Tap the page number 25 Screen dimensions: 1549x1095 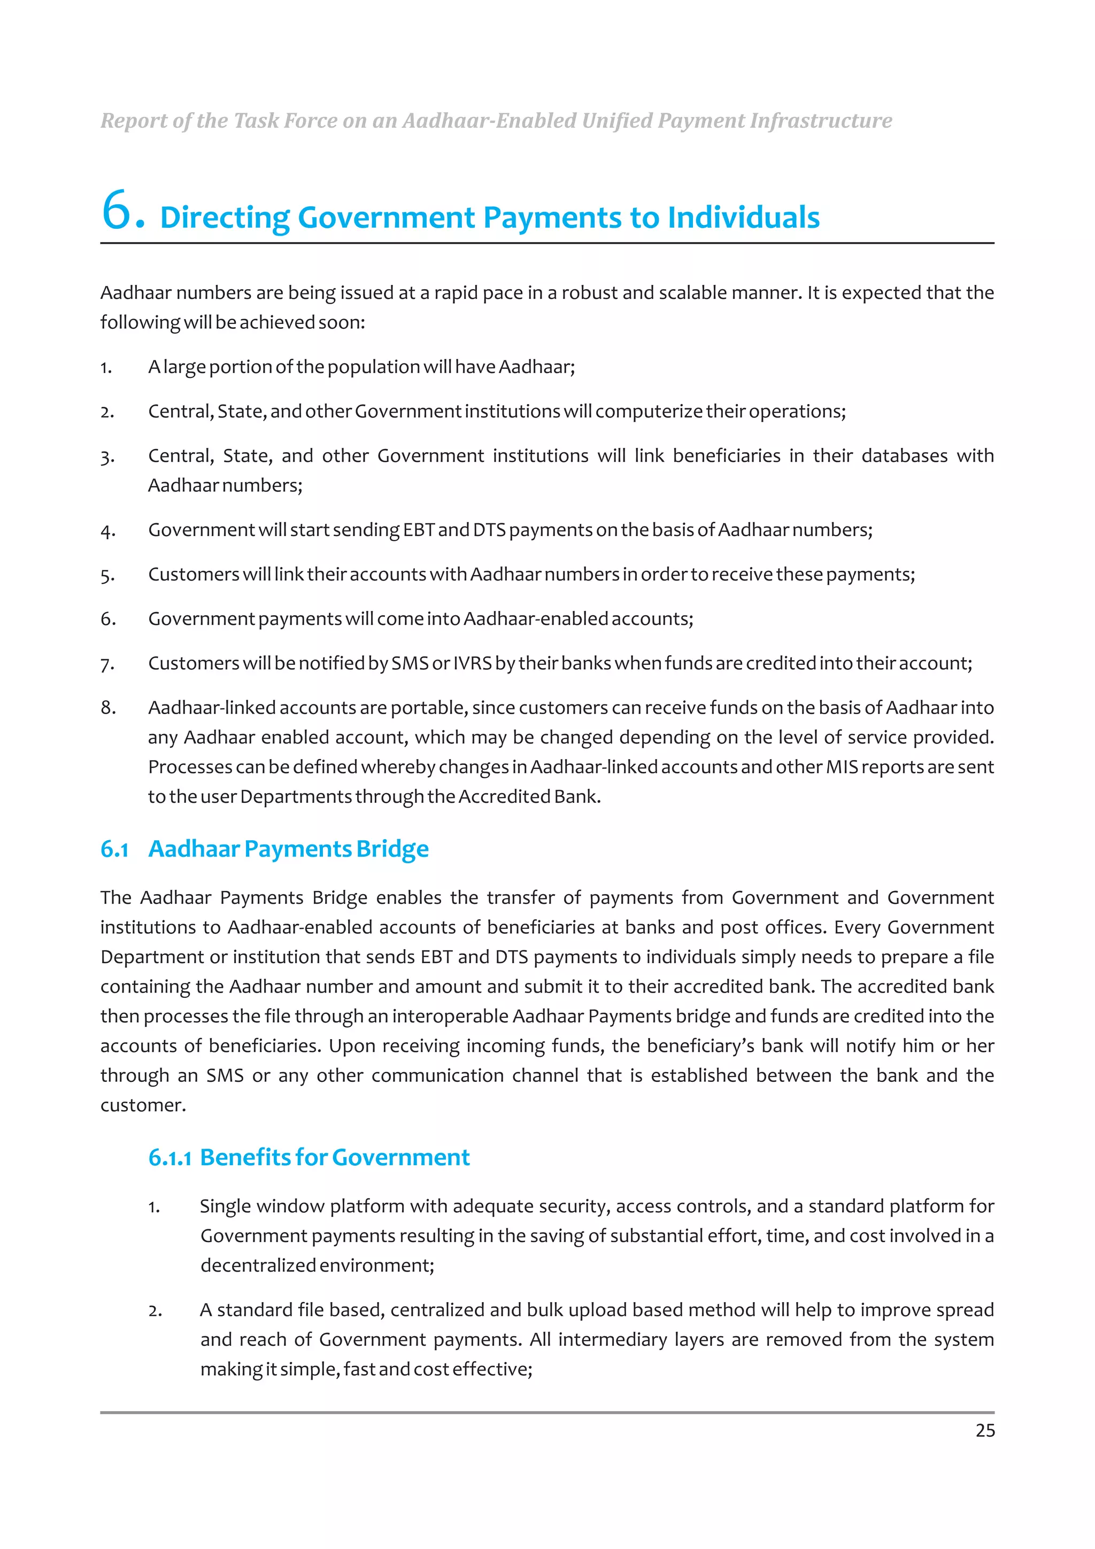(x=984, y=1430)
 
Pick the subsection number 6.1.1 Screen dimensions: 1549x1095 (x=169, y=1158)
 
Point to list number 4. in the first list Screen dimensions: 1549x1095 (x=107, y=531)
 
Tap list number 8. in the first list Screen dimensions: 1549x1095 (x=108, y=708)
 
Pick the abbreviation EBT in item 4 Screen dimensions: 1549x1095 (x=418, y=530)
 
